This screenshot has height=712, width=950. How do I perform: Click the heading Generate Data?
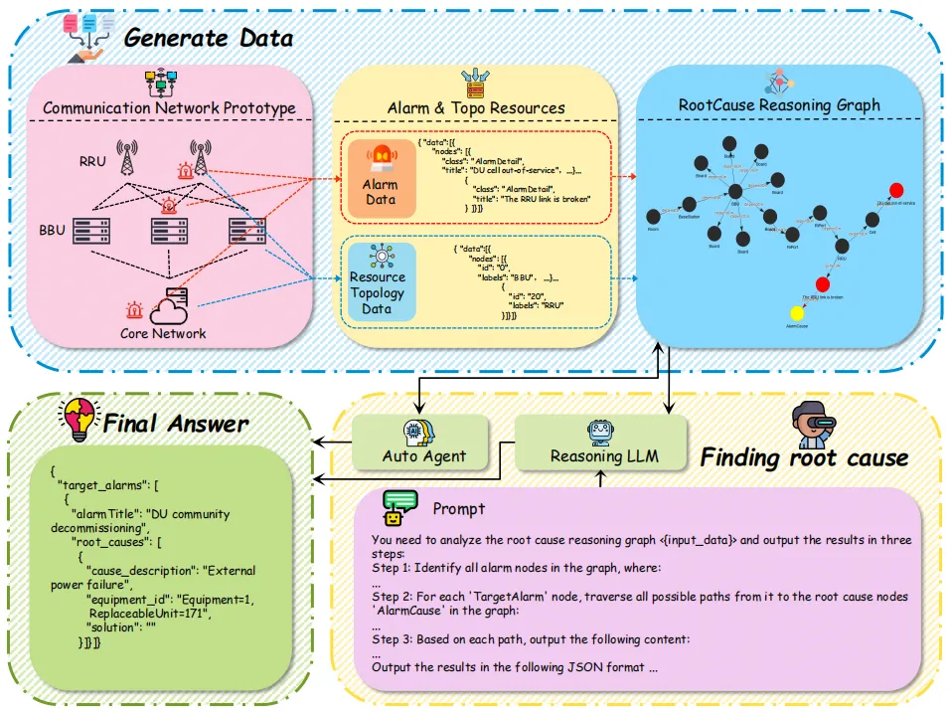coord(209,38)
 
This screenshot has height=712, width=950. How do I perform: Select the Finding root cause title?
coord(804,457)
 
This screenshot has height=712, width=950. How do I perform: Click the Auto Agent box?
coord(423,444)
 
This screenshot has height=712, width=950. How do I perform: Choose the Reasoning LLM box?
coord(600,444)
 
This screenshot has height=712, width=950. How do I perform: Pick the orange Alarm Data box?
coord(381,178)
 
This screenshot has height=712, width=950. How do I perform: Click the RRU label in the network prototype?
coord(92,159)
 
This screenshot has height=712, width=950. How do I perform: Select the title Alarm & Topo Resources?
coord(475,107)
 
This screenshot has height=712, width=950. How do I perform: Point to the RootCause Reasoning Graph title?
coord(779,104)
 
